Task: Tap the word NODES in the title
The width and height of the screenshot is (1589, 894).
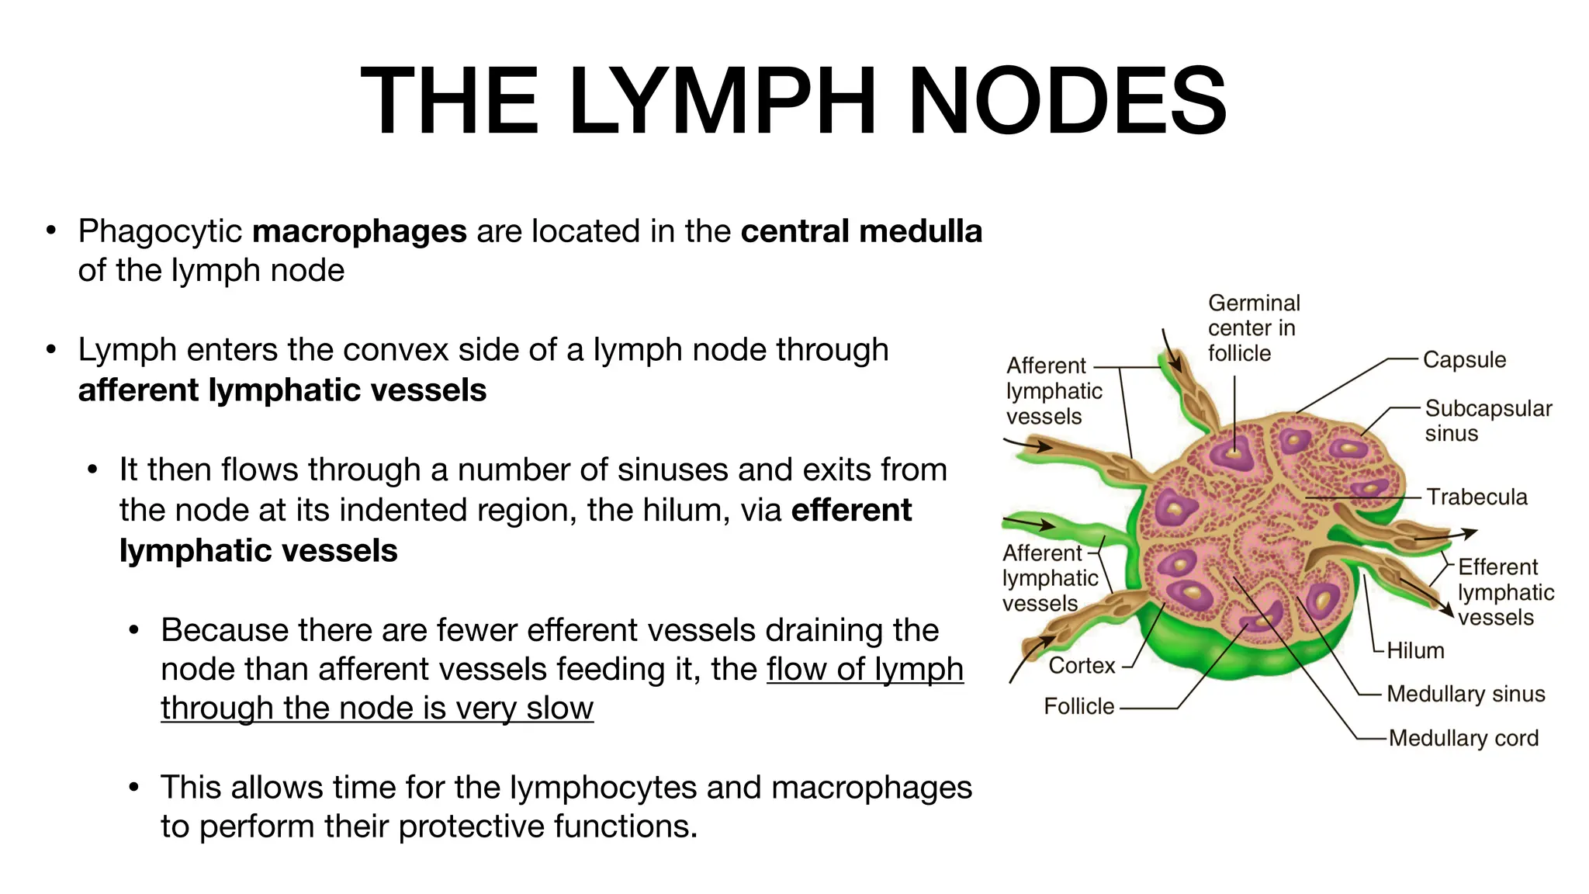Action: coord(1067,101)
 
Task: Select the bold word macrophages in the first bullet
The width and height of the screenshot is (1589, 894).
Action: coord(359,231)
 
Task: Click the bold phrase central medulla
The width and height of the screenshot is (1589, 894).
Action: coord(861,231)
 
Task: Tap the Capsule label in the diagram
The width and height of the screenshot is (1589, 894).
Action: coord(1464,360)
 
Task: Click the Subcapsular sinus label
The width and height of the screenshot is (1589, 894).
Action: coord(1487,421)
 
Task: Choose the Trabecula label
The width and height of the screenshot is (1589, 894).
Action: coord(1476,497)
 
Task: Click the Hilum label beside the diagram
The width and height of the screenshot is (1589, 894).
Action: coord(1415,650)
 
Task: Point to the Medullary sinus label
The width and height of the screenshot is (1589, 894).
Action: coord(1466,694)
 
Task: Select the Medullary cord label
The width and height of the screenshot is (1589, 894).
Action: coord(1463,738)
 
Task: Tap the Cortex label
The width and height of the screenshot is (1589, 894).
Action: coord(1082,666)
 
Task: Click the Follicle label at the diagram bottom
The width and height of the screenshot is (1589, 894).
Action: coord(1078,706)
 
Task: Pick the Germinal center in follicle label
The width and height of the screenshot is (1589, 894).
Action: coord(1253,327)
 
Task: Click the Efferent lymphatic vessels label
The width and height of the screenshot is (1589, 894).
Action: coord(1505,592)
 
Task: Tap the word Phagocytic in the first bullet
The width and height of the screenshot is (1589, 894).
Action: coord(161,231)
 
